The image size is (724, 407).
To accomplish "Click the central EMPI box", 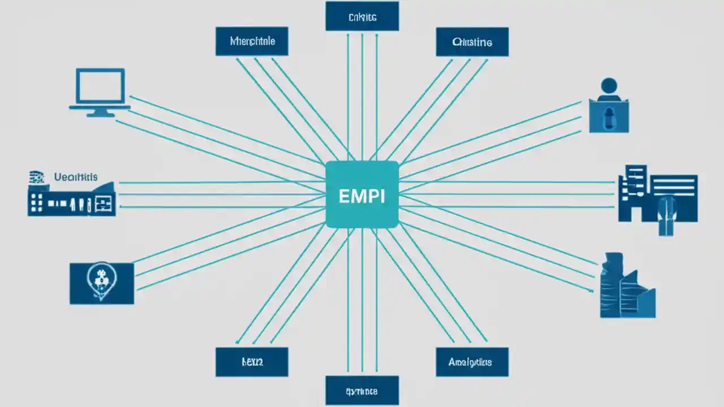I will pyautogui.click(x=362, y=194).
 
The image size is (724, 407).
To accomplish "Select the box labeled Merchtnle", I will pyautogui.click(x=252, y=42).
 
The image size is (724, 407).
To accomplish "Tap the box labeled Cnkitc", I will pyautogui.click(x=362, y=17).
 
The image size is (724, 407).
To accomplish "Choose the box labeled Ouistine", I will pyautogui.click(x=472, y=42).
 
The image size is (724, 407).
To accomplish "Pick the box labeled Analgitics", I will pyautogui.click(x=472, y=362).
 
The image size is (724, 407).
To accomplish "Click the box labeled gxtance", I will pyautogui.click(x=362, y=391).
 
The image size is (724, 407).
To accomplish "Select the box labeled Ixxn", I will pyautogui.click(x=252, y=362).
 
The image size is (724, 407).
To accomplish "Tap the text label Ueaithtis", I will pyautogui.click(x=76, y=177).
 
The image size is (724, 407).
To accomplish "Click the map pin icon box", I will pyautogui.click(x=102, y=283).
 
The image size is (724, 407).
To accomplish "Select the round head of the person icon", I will pyautogui.click(x=609, y=86).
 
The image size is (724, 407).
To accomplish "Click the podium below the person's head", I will pyautogui.click(x=609, y=116).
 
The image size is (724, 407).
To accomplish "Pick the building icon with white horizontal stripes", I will pyautogui.click(x=659, y=195).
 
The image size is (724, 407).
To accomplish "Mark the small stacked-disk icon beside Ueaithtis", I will pyautogui.click(x=36, y=177).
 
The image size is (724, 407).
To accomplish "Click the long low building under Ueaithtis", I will pyautogui.click(x=72, y=201).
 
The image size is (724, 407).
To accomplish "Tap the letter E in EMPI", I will pyautogui.click(x=343, y=196).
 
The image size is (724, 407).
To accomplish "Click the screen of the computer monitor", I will pyautogui.click(x=100, y=86).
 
